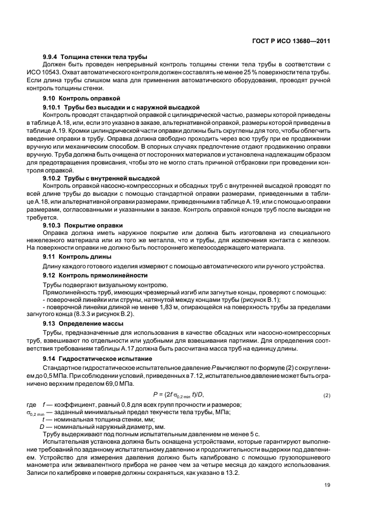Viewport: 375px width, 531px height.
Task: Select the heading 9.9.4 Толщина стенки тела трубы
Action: [95, 57]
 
